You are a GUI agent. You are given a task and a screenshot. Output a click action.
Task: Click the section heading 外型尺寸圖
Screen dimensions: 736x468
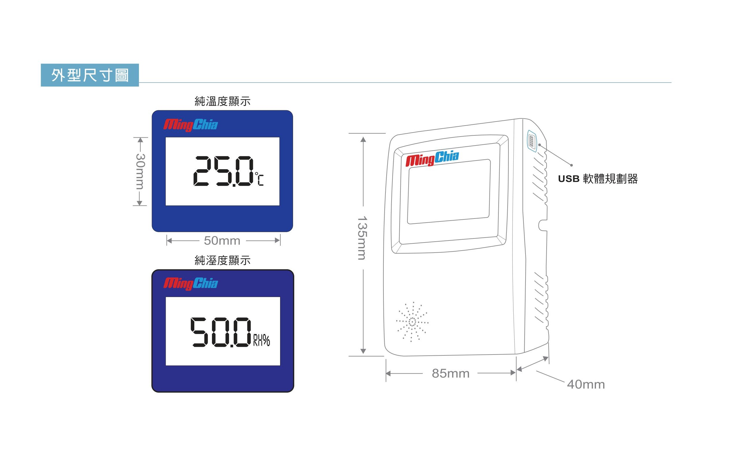coord(90,75)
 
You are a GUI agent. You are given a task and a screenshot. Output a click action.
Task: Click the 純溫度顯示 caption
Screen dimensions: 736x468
coord(223,101)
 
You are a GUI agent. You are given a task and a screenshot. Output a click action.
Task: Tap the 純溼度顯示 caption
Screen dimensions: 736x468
coord(223,260)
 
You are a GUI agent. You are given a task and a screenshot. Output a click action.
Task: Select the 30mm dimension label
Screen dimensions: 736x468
coord(140,171)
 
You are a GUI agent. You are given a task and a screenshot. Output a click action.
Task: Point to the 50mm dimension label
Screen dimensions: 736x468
coord(222,241)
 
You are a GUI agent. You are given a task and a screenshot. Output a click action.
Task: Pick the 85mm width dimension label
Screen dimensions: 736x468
coord(450,374)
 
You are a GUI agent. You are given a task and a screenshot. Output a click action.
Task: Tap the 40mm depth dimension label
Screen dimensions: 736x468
coord(586,385)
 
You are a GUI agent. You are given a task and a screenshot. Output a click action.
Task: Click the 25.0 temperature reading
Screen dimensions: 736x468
coord(223,171)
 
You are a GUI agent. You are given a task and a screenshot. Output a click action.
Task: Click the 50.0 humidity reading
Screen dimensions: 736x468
coord(221,332)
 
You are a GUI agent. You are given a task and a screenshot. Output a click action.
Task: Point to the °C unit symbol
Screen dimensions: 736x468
coord(259,179)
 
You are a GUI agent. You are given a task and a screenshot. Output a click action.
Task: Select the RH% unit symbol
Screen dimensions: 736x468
coord(262,340)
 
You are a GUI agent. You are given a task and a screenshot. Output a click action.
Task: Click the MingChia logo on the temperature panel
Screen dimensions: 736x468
coord(190,125)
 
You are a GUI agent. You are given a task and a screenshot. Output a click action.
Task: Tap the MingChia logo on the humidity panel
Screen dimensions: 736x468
coord(190,284)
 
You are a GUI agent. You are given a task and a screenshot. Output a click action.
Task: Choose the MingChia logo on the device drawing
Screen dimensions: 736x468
coord(432,159)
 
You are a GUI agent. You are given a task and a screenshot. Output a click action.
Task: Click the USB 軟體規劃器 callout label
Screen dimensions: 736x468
coord(598,179)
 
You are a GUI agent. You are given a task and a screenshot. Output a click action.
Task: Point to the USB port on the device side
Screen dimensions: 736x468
coord(532,141)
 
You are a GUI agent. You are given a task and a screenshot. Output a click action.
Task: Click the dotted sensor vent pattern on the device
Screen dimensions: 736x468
coord(412,322)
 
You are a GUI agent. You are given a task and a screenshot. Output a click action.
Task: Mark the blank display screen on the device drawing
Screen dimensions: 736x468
coord(449,192)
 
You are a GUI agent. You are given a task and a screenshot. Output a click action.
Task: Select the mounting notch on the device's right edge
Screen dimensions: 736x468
coord(542,225)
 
